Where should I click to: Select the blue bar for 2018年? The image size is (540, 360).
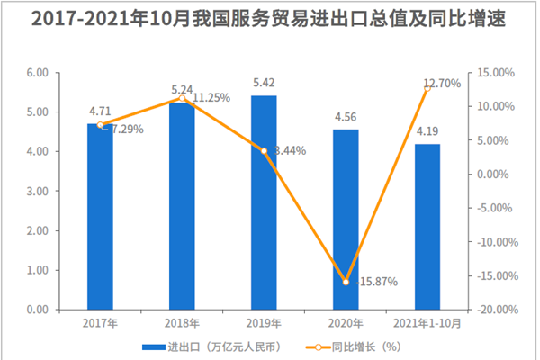tap(182, 206)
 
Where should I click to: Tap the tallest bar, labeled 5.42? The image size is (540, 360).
tap(264, 202)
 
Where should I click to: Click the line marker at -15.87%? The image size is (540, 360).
tap(346, 282)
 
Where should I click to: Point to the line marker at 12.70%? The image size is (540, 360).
tap(427, 88)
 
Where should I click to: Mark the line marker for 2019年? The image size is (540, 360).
tap(264, 151)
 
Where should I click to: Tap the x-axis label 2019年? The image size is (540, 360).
tap(264, 322)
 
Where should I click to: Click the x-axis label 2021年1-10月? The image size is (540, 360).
tap(427, 322)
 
